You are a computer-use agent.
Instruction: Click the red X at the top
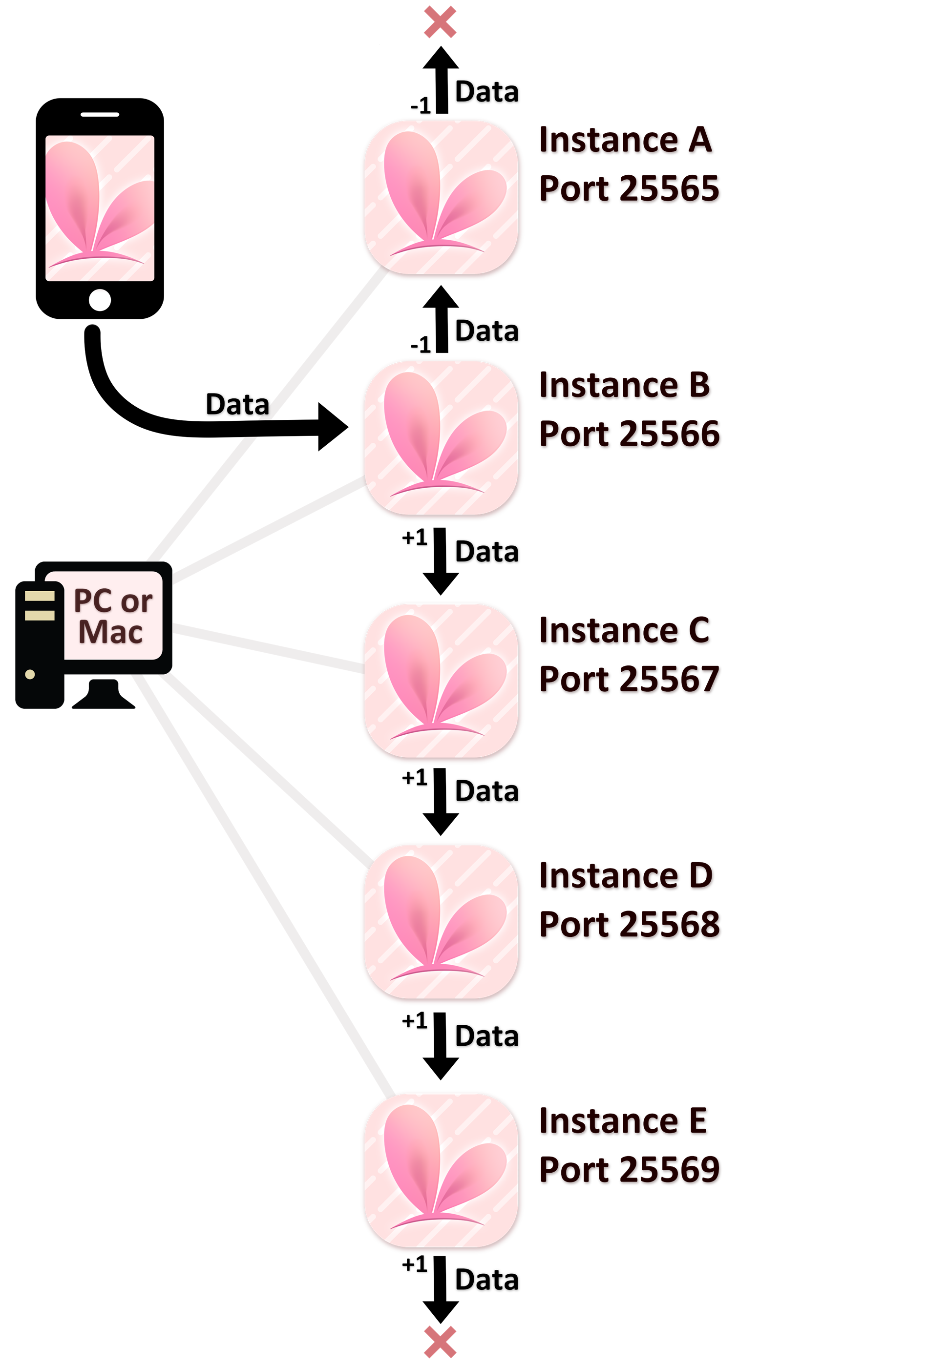click(x=440, y=22)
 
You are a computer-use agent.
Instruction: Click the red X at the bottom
click(x=440, y=1342)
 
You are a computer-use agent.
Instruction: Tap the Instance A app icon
click(x=442, y=199)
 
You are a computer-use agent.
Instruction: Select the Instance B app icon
click(x=442, y=439)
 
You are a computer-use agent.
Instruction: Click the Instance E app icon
click(x=442, y=1172)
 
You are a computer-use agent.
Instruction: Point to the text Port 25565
click(x=630, y=190)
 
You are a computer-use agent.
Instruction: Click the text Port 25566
click(x=630, y=435)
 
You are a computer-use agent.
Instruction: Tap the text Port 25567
click(x=630, y=681)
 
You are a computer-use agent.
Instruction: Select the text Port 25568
click(x=630, y=926)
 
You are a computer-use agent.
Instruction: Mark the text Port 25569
click(x=630, y=1171)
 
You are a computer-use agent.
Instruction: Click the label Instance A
click(x=627, y=142)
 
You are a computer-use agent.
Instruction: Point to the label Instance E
click(x=624, y=1123)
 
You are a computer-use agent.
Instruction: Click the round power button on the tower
click(x=30, y=675)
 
